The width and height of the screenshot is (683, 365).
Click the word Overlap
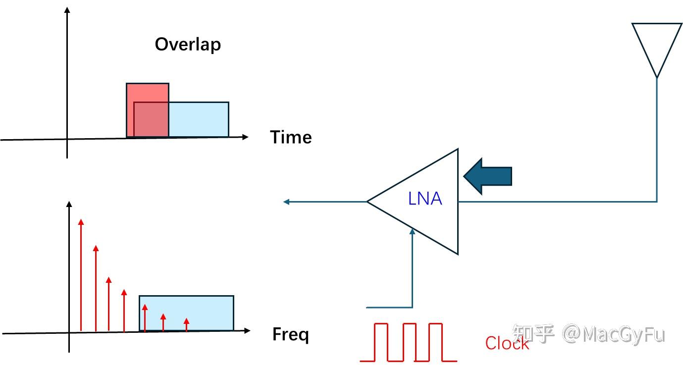(x=188, y=45)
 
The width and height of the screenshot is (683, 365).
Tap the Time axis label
(x=291, y=137)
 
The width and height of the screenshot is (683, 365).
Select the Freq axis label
(x=290, y=335)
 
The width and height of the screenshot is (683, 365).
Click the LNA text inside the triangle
(x=425, y=199)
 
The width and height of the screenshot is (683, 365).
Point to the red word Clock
(x=507, y=343)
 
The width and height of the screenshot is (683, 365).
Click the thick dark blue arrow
(x=488, y=176)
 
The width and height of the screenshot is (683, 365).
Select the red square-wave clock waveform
(x=408, y=342)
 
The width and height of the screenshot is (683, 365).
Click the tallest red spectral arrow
(x=81, y=275)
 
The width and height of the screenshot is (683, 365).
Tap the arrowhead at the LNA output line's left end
(x=286, y=202)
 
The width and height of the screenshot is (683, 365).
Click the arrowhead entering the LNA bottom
(x=412, y=230)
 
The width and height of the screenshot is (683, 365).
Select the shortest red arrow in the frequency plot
(x=186, y=324)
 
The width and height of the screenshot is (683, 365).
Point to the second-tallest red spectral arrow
(x=96, y=287)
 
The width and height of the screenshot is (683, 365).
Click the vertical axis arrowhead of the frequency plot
(x=69, y=204)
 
